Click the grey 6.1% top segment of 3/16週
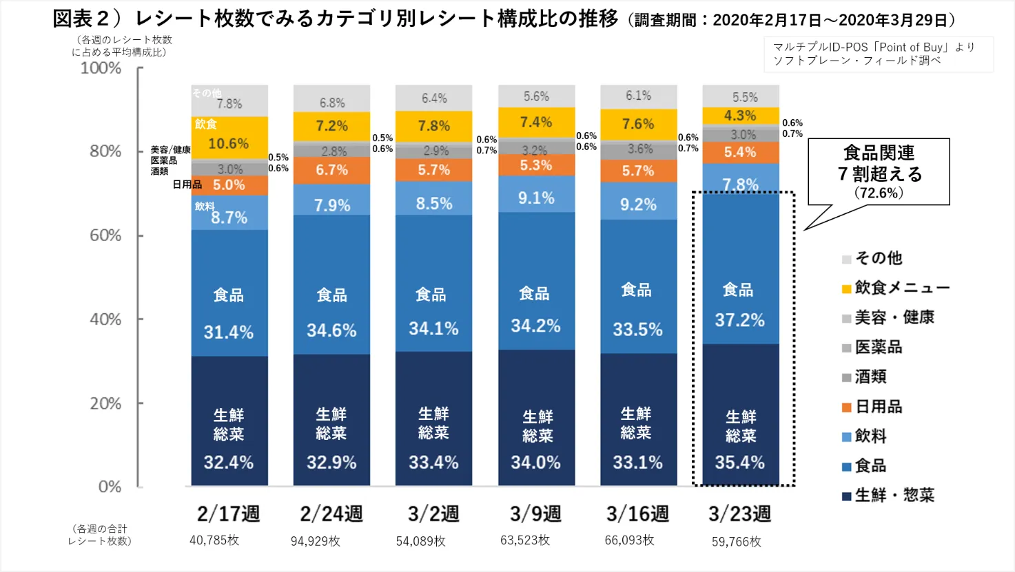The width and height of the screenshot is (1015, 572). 638,96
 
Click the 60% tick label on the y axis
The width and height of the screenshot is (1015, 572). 105,235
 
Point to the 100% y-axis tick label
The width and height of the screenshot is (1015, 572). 101,68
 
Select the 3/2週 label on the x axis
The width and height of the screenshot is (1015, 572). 433,513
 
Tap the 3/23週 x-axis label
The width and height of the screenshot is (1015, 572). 739,513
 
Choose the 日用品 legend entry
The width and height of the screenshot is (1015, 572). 878,407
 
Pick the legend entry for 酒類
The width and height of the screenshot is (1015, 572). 870,377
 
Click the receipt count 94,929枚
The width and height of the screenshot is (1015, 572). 316,541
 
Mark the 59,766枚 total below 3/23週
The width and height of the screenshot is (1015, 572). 737,542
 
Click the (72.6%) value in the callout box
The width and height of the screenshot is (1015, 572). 879,193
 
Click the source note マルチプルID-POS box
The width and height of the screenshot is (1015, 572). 879,54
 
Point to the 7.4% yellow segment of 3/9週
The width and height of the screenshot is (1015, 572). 536,123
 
